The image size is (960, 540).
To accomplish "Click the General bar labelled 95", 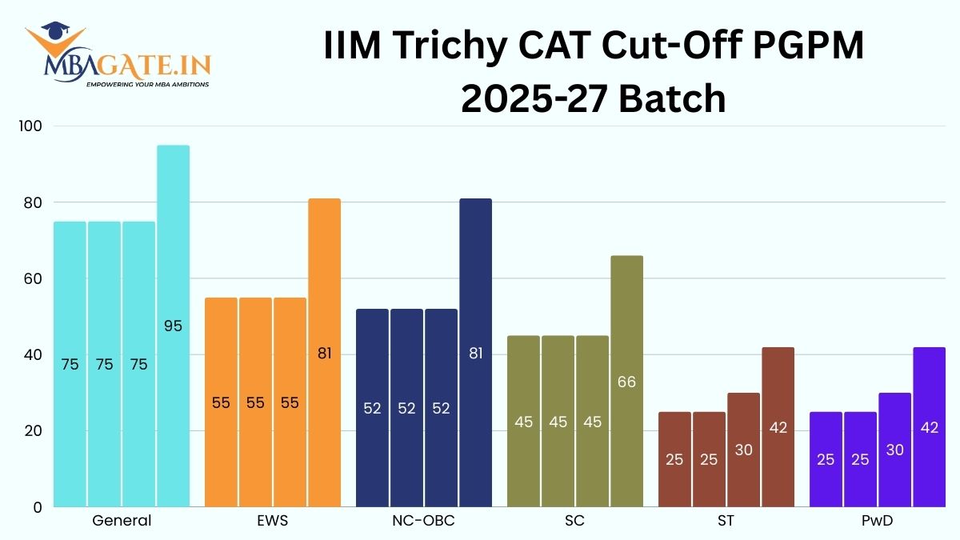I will click(173, 326).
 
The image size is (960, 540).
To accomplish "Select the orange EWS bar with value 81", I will click(324, 352).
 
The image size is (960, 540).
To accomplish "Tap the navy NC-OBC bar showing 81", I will click(475, 352).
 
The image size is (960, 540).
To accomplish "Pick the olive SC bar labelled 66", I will click(626, 381).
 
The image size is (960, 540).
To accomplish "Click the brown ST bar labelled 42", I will click(778, 426).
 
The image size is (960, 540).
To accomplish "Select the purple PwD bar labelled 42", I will click(929, 426).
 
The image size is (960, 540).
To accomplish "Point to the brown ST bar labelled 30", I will click(743, 450).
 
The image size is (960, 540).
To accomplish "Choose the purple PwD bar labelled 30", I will click(894, 450).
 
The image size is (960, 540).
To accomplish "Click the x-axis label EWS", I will click(273, 521).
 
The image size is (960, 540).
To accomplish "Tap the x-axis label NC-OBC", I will click(423, 521).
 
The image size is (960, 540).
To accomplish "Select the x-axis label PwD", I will click(877, 521).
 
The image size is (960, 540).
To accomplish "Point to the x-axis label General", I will click(122, 521).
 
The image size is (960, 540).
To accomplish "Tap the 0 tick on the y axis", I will click(37, 507).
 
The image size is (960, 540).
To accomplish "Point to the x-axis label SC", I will click(574, 521).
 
